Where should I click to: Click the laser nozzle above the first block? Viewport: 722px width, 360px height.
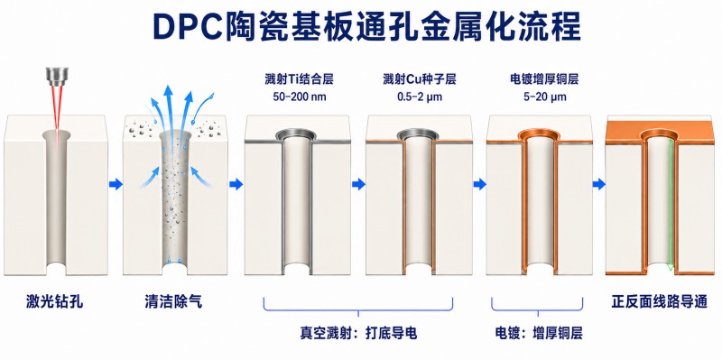pyautogui.click(x=57, y=77)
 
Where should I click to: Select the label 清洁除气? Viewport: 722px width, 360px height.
pyautogui.click(x=173, y=302)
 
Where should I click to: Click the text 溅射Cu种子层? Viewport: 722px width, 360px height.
pyautogui.click(x=419, y=79)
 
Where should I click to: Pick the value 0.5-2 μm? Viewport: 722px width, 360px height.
pyautogui.click(x=419, y=97)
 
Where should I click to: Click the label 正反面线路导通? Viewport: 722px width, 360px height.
pyautogui.click(x=659, y=302)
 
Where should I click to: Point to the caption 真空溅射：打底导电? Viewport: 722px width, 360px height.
pyautogui.click(x=358, y=333)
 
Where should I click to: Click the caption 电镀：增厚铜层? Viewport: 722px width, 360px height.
pyautogui.click(x=538, y=333)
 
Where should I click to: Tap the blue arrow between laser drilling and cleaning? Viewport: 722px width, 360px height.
pyautogui.click(x=116, y=184)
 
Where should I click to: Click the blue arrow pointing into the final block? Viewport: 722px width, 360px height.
pyautogui.click(x=598, y=185)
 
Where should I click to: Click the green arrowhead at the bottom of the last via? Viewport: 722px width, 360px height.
pyautogui.click(x=671, y=266)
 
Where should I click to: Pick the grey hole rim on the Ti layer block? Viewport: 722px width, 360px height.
pyautogui.click(x=297, y=134)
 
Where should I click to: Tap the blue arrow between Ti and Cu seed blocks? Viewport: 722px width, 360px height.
pyautogui.click(x=358, y=185)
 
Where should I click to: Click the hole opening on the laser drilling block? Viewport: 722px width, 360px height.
pyautogui.click(x=57, y=134)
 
